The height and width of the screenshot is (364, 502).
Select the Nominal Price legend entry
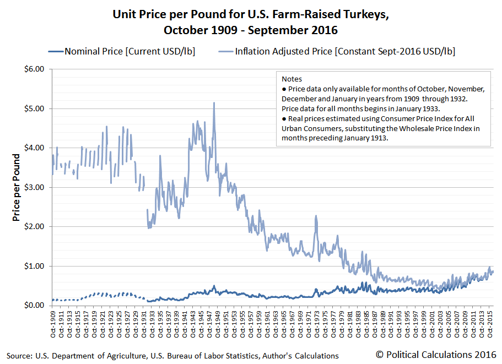pyautogui.click(x=129, y=52)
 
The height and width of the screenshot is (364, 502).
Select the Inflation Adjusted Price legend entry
pyautogui.click(x=345, y=52)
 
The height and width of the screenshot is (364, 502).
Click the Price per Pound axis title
pyautogui.click(x=17, y=187)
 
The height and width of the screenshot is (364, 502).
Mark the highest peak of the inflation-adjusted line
pyautogui.click(x=214, y=103)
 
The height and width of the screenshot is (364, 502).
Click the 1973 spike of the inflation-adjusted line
pyautogui.click(x=316, y=216)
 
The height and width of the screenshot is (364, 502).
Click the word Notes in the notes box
pyautogui.click(x=292, y=79)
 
